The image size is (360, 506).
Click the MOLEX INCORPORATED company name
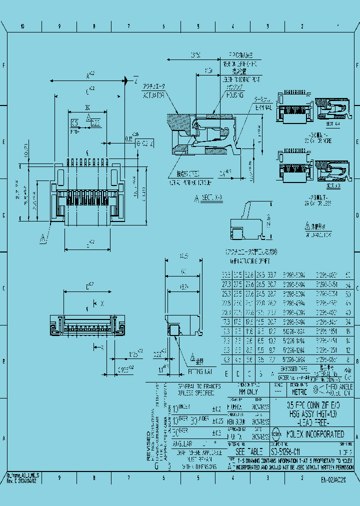(315, 434)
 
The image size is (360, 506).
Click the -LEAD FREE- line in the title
(305, 423)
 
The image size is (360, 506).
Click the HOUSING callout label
(235, 93)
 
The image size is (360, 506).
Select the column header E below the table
(225, 373)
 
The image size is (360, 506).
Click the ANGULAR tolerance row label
(183, 443)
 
